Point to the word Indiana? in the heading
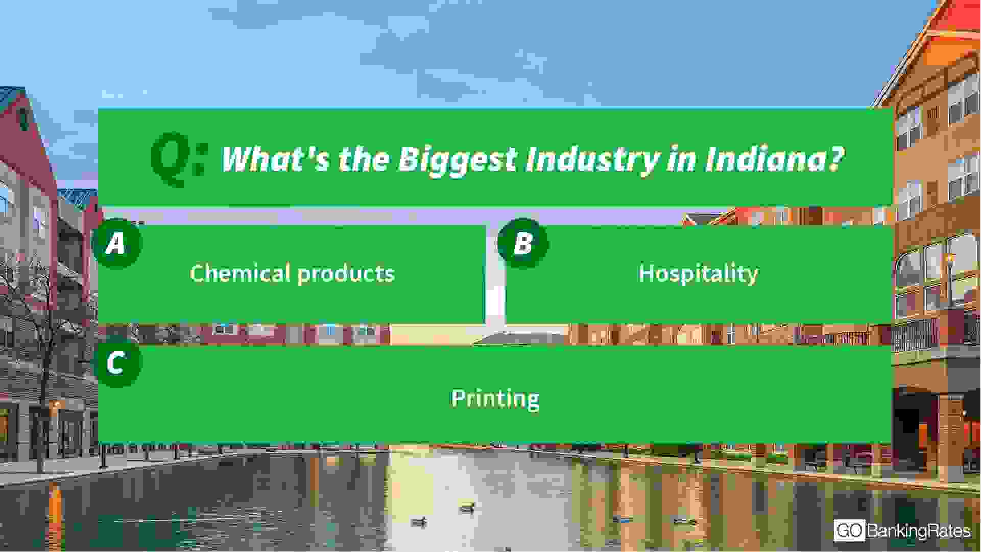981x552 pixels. (x=774, y=159)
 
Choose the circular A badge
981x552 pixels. (x=117, y=243)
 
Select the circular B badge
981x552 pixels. (x=522, y=243)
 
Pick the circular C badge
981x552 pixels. (x=117, y=363)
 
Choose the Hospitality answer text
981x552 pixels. (x=699, y=274)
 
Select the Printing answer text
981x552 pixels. (x=495, y=399)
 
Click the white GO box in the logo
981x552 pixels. (x=849, y=531)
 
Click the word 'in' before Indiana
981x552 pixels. (x=681, y=159)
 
